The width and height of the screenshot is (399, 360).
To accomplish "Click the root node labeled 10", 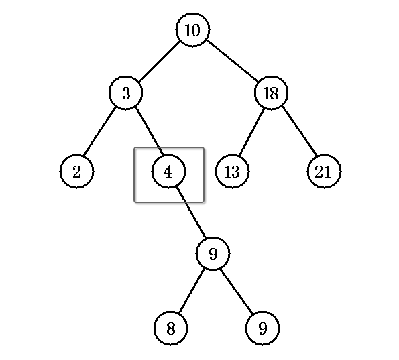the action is click(193, 30).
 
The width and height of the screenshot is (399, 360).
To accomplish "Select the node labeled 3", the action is click(125, 93).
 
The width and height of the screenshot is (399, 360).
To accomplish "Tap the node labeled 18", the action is click(271, 93).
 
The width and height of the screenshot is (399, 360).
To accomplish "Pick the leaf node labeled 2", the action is click(77, 171).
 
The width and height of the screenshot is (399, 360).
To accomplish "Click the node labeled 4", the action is click(168, 171).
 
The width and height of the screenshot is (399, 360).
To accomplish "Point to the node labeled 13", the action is click(232, 171).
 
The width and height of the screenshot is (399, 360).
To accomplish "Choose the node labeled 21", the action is click(324, 171).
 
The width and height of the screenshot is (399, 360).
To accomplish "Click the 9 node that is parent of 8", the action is click(213, 253).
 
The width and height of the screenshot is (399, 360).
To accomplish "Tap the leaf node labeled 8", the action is click(171, 328).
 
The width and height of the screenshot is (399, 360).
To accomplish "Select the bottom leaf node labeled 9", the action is click(263, 328).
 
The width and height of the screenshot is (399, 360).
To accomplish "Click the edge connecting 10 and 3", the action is click(160, 61).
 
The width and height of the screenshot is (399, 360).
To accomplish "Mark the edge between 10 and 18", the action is click(232, 60).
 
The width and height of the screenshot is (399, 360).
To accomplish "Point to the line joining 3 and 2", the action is click(100, 132).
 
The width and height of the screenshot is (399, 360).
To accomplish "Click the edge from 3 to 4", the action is click(149, 131).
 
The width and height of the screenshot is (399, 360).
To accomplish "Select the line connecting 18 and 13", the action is click(251, 132).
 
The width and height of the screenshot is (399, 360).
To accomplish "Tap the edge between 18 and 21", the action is click(300, 131).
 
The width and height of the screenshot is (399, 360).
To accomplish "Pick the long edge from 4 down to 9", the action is click(191, 213).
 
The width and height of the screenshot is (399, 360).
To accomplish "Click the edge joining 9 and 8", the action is click(192, 291).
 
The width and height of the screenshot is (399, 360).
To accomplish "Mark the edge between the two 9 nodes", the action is click(237, 292).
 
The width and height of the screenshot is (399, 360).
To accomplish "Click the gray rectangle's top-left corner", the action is click(135, 147).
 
